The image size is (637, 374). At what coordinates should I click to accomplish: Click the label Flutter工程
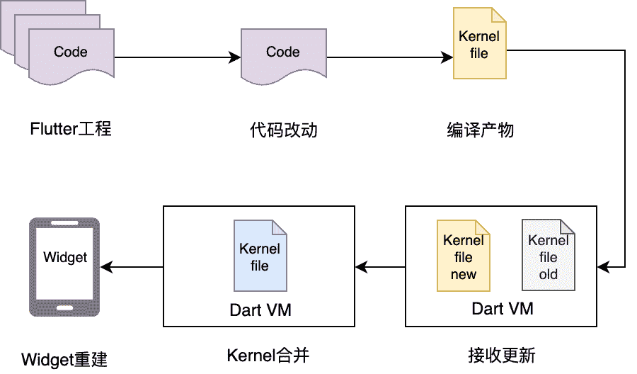tap(71, 130)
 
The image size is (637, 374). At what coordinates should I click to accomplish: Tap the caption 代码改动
tap(283, 130)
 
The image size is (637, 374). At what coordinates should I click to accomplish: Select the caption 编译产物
tap(480, 130)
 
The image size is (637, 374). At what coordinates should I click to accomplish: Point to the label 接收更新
tap(502, 355)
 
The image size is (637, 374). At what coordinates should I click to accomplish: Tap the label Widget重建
tap(64, 359)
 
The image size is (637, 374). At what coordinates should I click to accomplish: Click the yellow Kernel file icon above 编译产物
tap(479, 44)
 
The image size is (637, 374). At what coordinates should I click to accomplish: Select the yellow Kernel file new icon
tap(463, 256)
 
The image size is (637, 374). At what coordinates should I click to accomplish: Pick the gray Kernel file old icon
tap(548, 256)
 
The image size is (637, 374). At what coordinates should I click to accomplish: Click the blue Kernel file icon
tap(260, 256)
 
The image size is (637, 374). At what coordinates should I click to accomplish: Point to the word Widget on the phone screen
tap(65, 257)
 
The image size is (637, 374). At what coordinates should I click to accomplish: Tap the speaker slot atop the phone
tap(64, 227)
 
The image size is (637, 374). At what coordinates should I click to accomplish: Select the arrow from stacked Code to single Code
tap(177, 58)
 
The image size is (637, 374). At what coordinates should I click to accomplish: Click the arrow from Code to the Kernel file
tap(389, 58)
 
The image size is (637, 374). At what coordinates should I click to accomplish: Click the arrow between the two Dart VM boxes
tap(380, 267)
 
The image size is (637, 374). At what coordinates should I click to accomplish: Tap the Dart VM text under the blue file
tap(260, 310)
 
